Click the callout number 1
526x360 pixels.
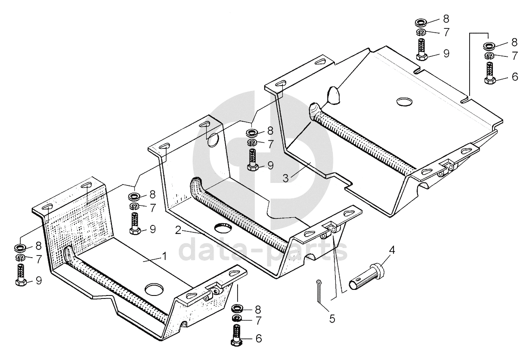click(164, 256)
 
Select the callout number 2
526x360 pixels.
click(178, 230)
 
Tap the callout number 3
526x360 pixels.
click(285, 178)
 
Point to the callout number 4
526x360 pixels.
click(392, 250)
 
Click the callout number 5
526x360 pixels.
click(332, 319)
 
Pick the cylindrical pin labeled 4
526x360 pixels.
click(367, 277)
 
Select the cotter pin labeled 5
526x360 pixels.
click(319, 291)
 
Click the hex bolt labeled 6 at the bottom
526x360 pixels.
click(237, 335)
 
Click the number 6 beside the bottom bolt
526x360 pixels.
click(259, 338)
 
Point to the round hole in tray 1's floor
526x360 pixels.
click(154, 289)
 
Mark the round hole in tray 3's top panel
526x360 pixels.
click(404, 102)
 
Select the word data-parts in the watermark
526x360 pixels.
click(263, 249)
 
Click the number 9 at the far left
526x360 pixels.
click(39, 281)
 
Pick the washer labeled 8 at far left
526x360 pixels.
click(20, 248)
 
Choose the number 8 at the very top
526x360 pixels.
click(446, 19)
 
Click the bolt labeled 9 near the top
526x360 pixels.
click(422, 49)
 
